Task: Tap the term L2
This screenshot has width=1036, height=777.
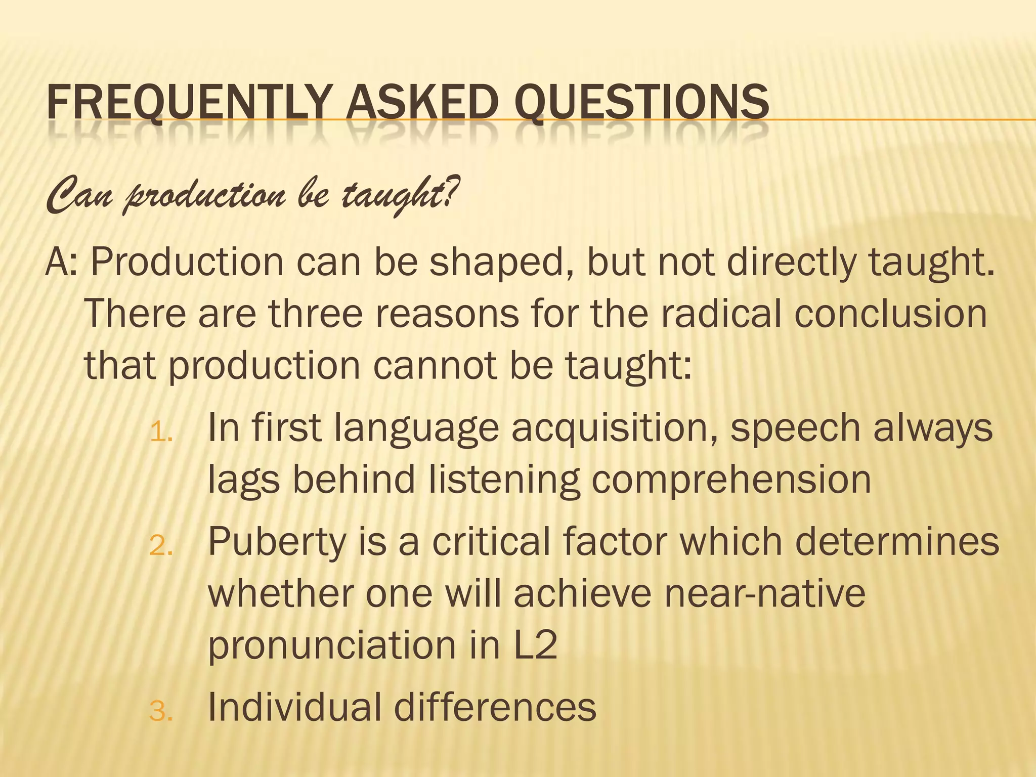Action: click(x=535, y=645)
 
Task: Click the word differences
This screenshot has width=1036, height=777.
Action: click(x=495, y=707)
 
